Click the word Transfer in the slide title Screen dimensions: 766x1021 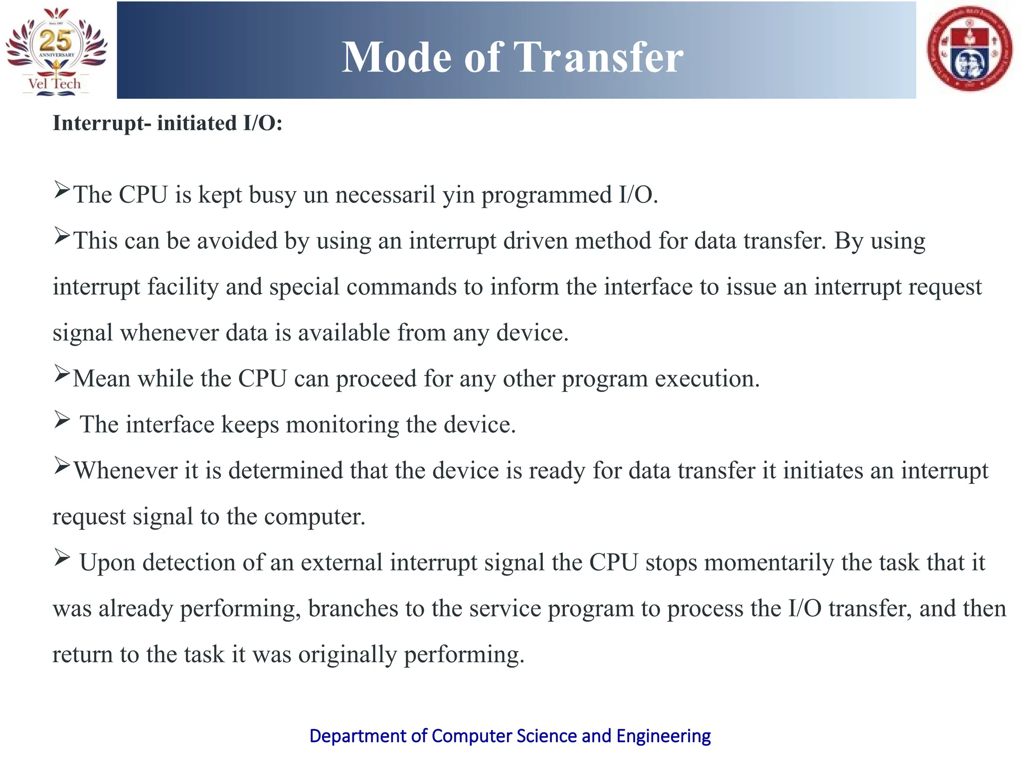[598, 57]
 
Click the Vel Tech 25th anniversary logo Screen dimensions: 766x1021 [56, 50]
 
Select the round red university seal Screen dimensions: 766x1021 [969, 49]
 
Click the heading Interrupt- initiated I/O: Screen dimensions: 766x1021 [168, 123]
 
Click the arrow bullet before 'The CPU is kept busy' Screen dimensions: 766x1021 [62, 190]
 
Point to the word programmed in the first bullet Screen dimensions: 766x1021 [546, 195]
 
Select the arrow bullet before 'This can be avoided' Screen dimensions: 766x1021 [62, 236]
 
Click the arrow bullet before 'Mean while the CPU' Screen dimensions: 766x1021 [62, 374]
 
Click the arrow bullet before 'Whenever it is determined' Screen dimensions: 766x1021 [62, 466]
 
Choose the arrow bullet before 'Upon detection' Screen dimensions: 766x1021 [62, 558]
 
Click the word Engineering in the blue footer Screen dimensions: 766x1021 [663, 736]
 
